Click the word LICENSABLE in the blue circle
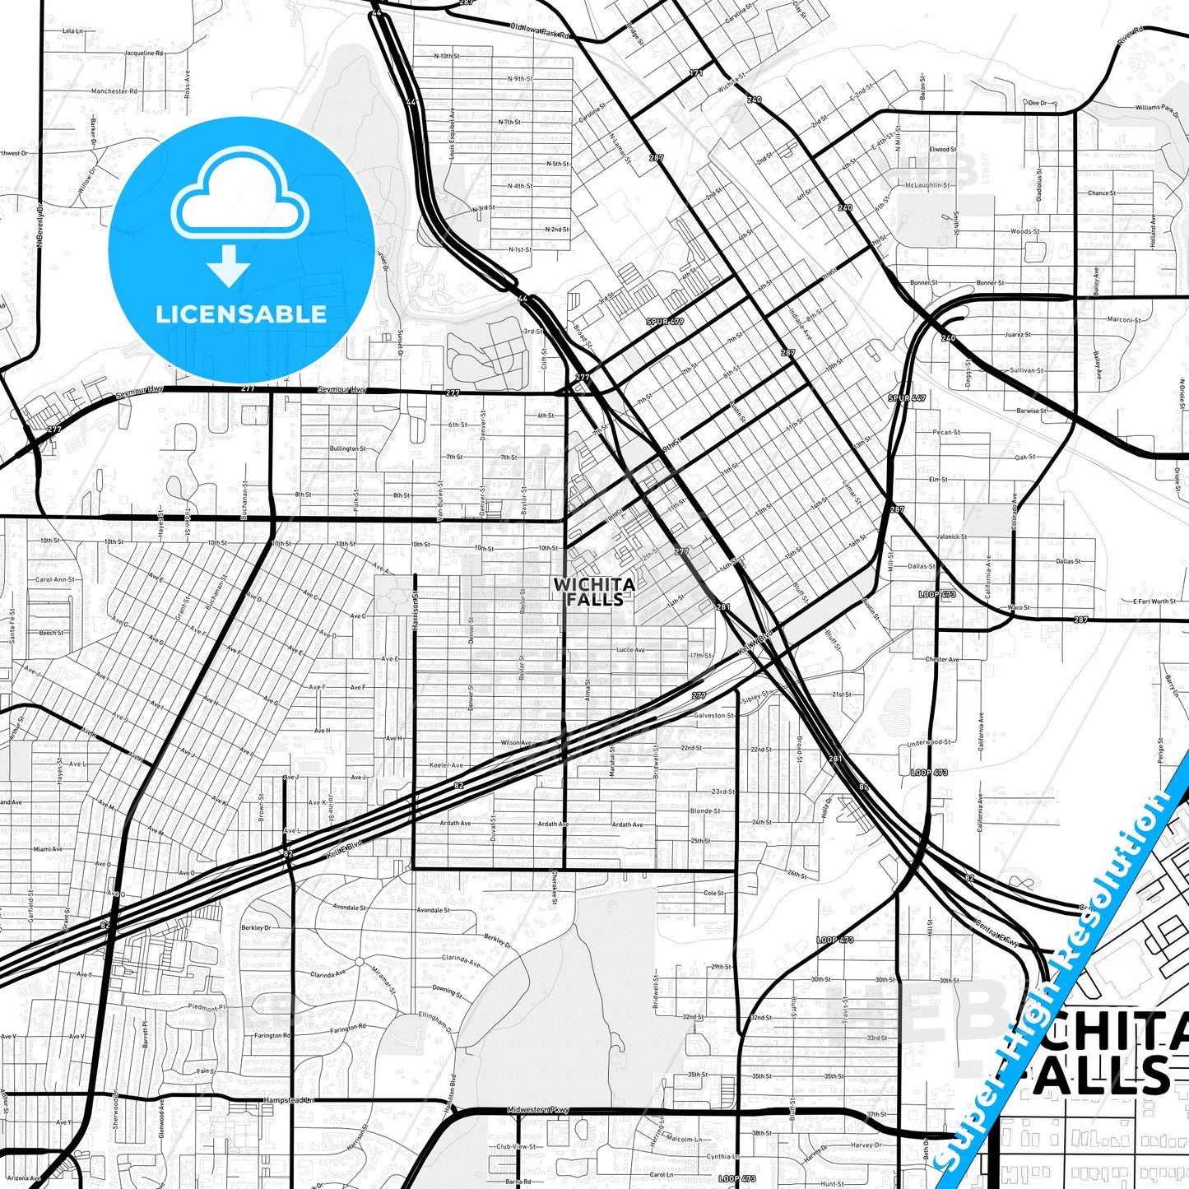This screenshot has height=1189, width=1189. (241, 314)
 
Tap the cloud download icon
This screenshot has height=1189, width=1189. (239, 216)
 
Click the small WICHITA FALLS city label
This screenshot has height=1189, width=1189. (594, 592)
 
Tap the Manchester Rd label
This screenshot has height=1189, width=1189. (114, 91)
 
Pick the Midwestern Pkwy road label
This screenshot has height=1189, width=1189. (538, 1110)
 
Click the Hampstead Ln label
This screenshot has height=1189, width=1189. (288, 1100)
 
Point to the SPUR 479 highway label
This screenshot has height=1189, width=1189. (665, 322)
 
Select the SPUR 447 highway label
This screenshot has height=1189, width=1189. (907, 398)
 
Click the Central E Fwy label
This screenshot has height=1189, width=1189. (997, 939)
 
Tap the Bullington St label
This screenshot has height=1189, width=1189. (348, 448)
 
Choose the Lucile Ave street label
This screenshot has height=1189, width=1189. (630, 650)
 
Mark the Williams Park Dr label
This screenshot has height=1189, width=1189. (1157, 108)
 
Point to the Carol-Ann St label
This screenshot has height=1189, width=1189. (54, 579)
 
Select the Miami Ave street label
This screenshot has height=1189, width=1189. (48, 849)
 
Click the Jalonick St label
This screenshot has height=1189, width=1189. (951, 536)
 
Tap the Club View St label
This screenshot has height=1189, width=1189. (516, 1146)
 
